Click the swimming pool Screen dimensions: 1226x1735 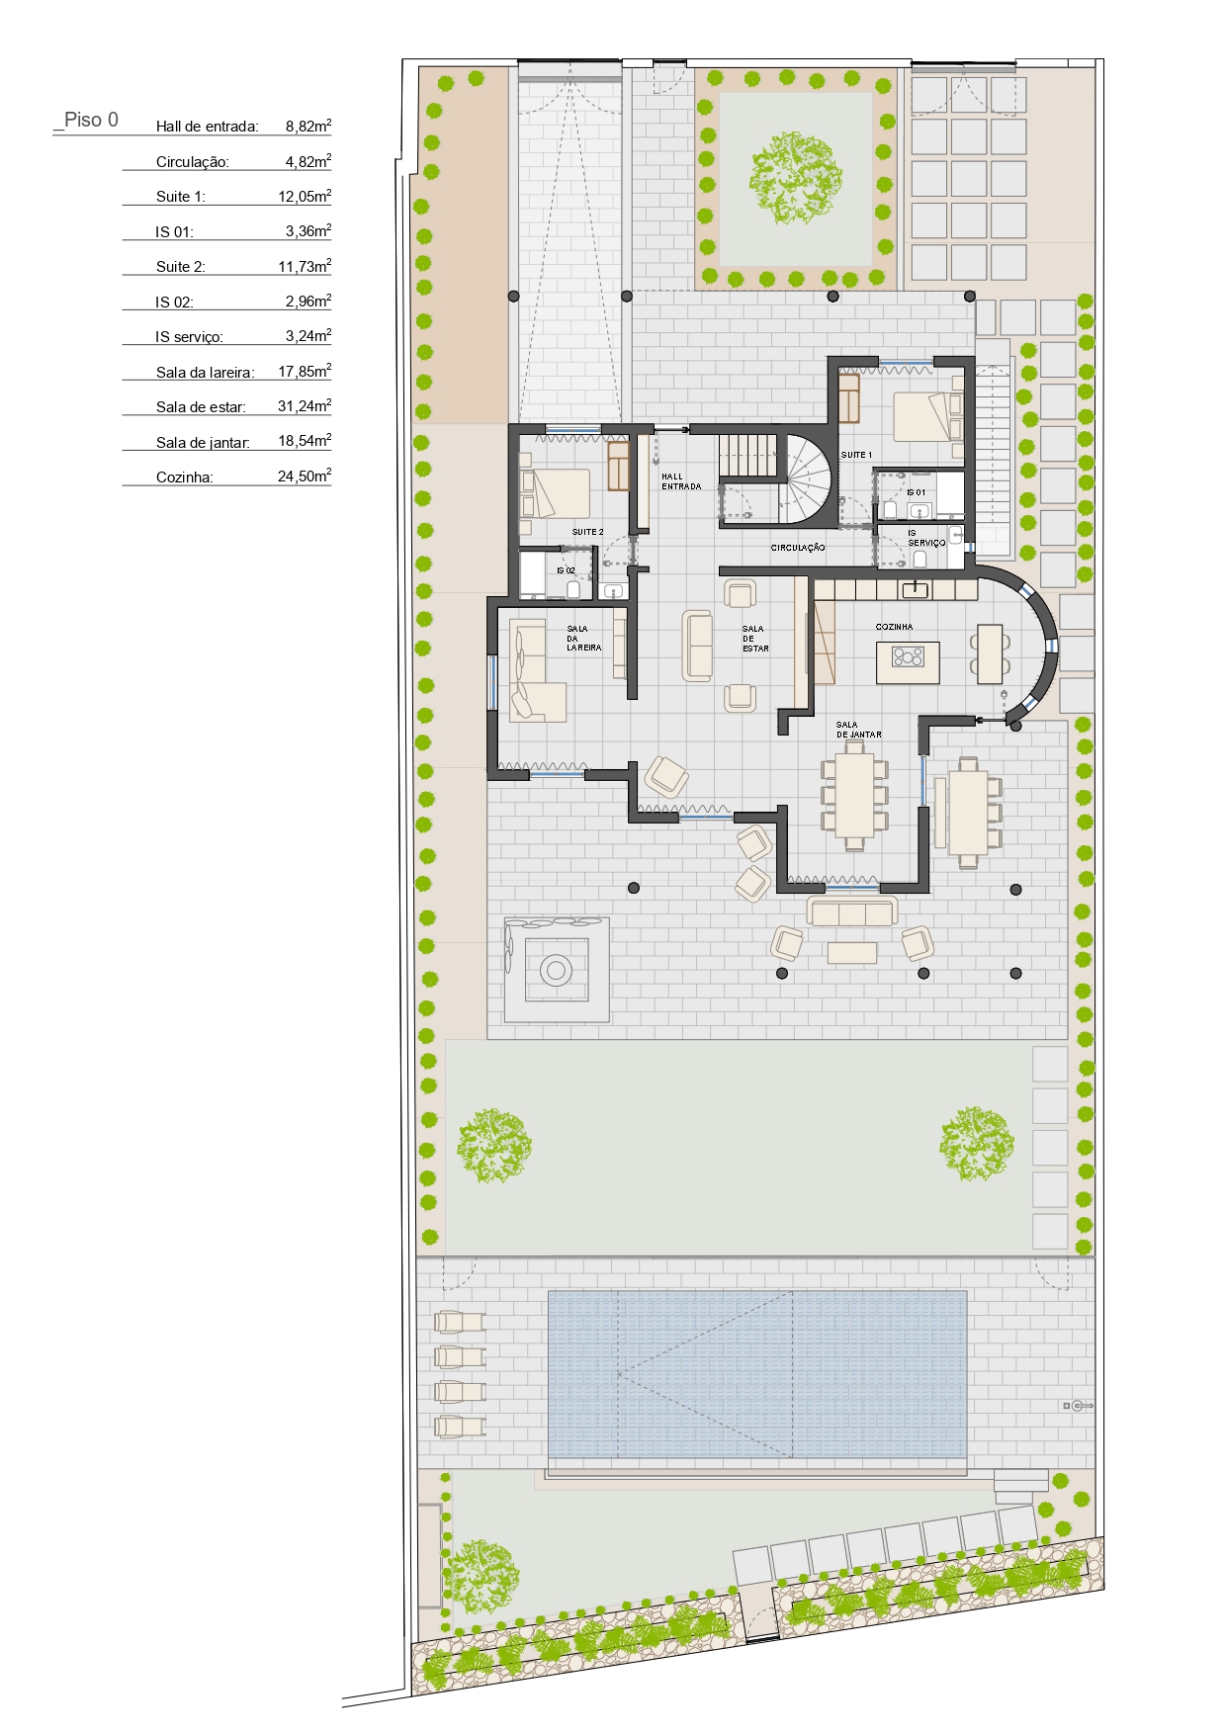[757, 1374]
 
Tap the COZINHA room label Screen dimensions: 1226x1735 [894, 627]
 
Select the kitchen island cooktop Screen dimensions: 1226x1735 [908, 656]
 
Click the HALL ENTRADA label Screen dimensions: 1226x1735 [681, 481]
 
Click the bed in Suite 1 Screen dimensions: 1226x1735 [925, 416]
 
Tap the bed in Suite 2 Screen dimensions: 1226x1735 [554, 492]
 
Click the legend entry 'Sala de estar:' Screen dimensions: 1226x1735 [201, 406]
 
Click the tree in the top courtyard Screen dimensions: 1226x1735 [796, 178]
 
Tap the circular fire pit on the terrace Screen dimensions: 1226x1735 [556, 970]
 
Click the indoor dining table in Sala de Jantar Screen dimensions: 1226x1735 [854, 796]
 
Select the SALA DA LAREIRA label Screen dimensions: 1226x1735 [583, 638]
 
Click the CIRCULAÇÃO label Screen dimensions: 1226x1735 [798, 548]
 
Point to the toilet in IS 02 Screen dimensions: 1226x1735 [573, 589]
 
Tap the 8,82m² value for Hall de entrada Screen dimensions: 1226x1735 [308, 126]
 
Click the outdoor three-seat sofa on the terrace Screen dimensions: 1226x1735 [852, 911]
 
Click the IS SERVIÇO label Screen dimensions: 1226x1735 [926, 538]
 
